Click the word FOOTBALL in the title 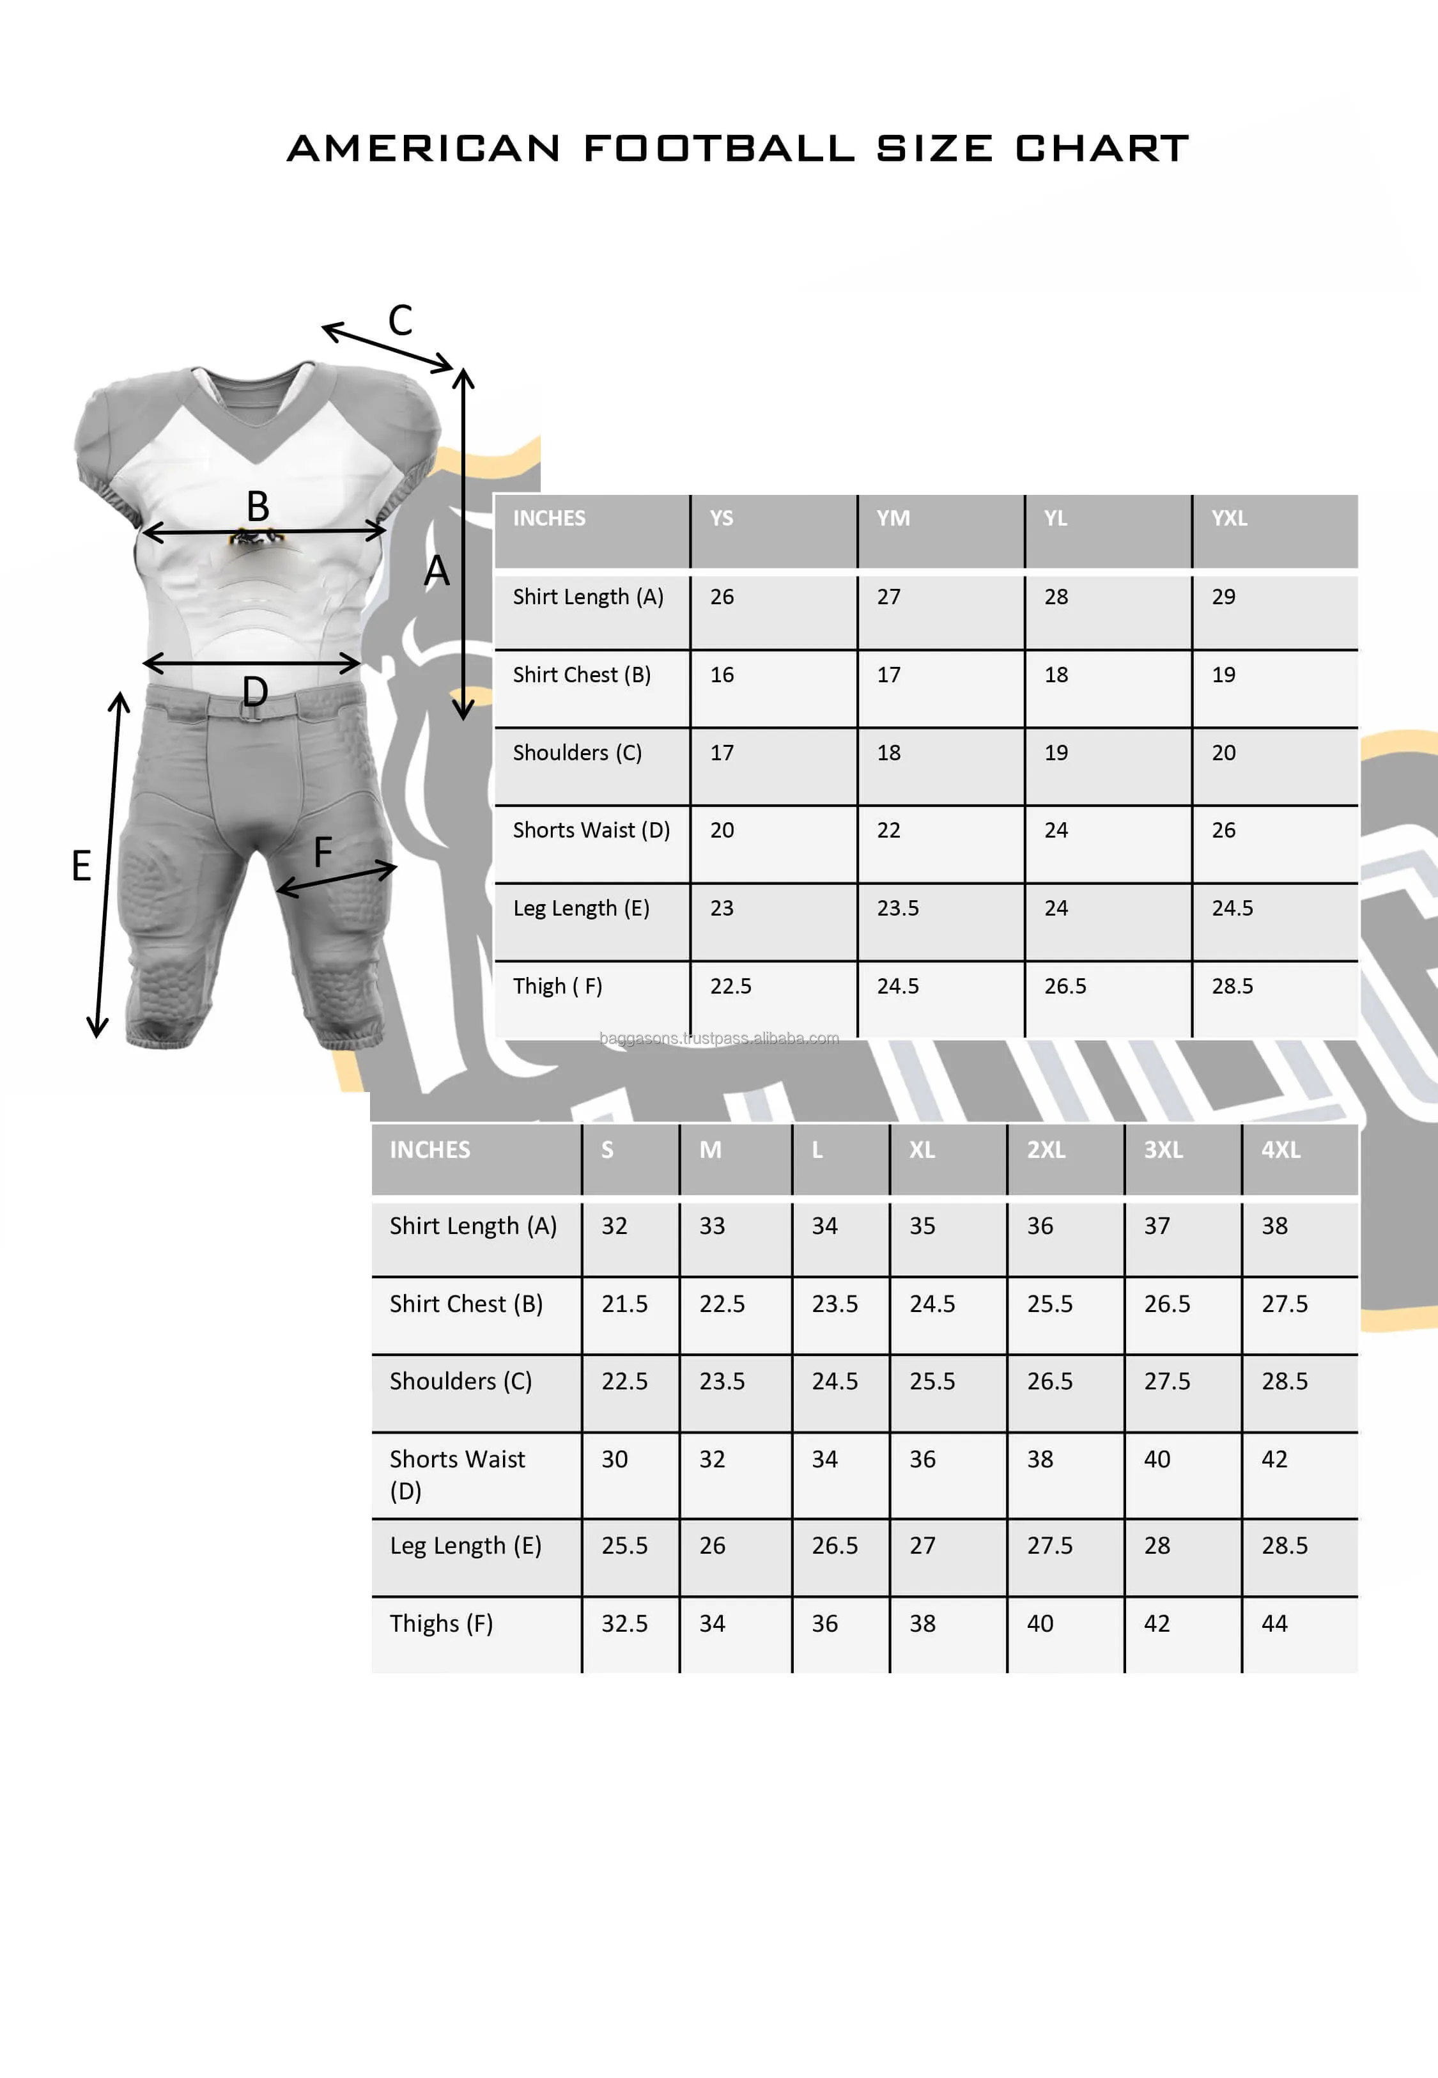click(719, 149)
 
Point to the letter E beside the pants click(81, 866)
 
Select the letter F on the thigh click(323, 852)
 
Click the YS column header click(721, 518)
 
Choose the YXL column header click(1229, 518)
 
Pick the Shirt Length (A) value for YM click(888, 597)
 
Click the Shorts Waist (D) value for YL click(1056, 830)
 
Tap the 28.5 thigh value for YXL click(1232, 986)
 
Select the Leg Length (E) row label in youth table click(581, 907)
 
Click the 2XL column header click(1046, 1150)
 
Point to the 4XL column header click(1280, 1150)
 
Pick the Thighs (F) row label click(440, 1623)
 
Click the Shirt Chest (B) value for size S click(624, 1303)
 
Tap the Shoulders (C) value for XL click(932, 1380)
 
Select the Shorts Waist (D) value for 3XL click(1157, 1459)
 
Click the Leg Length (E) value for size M click(712, 1545)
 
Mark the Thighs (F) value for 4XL click(1274, 1623)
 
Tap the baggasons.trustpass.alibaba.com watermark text click(719, 1038)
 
